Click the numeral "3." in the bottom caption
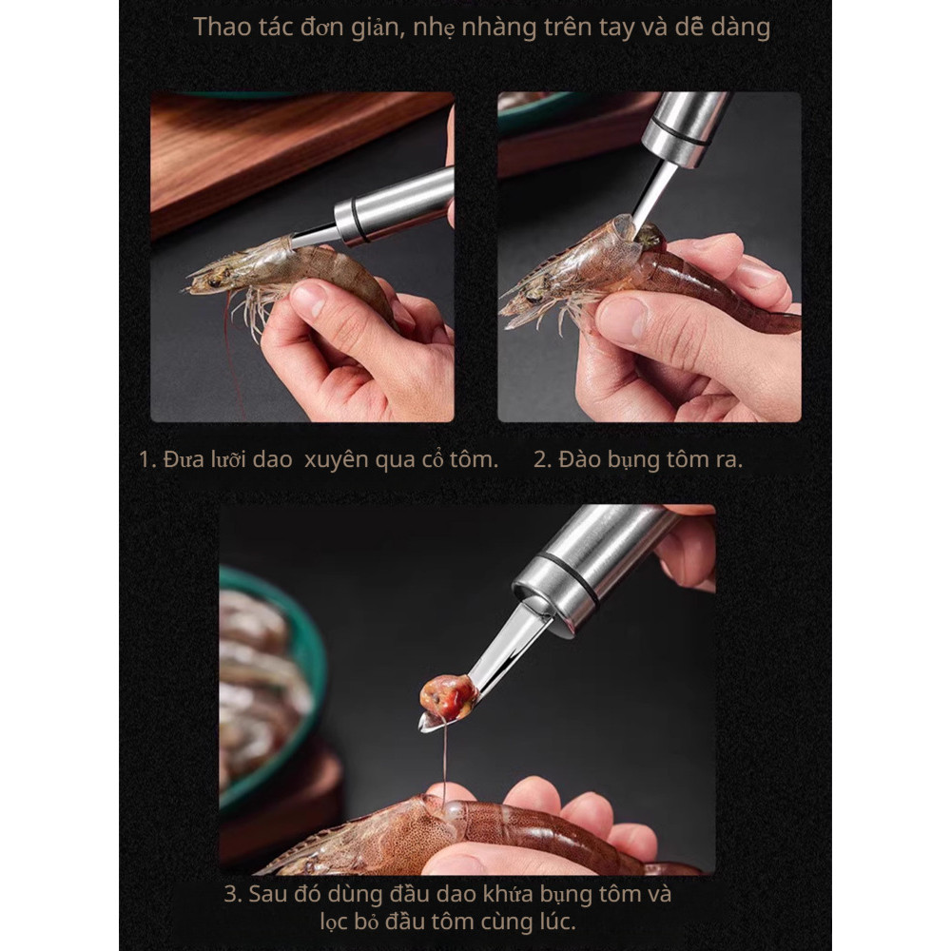(x=234, y=894)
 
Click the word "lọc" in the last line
(x=334, y=922)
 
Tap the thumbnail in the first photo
(x=308, y=299)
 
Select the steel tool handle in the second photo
(x=686, y=128)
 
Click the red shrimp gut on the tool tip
(x=448, y=696)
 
